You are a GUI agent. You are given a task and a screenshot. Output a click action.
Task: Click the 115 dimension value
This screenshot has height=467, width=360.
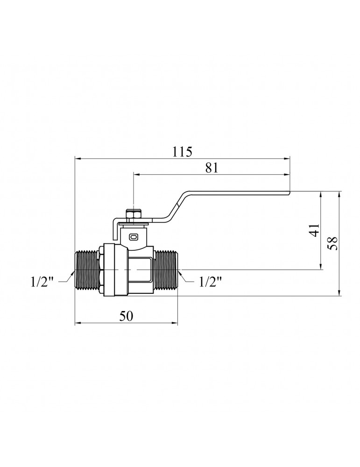182,152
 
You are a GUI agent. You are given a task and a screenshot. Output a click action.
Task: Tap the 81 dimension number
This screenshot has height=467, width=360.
212,168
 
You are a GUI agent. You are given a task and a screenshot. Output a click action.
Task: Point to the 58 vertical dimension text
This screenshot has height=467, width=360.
332,243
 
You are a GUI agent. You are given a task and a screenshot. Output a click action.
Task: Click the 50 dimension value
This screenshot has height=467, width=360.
126,316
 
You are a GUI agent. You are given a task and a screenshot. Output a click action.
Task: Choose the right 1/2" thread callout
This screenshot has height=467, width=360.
211,282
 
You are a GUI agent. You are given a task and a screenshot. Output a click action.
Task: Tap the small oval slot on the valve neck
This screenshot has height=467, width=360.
133,237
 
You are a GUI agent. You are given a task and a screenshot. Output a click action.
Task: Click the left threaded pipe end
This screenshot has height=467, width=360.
86,270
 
